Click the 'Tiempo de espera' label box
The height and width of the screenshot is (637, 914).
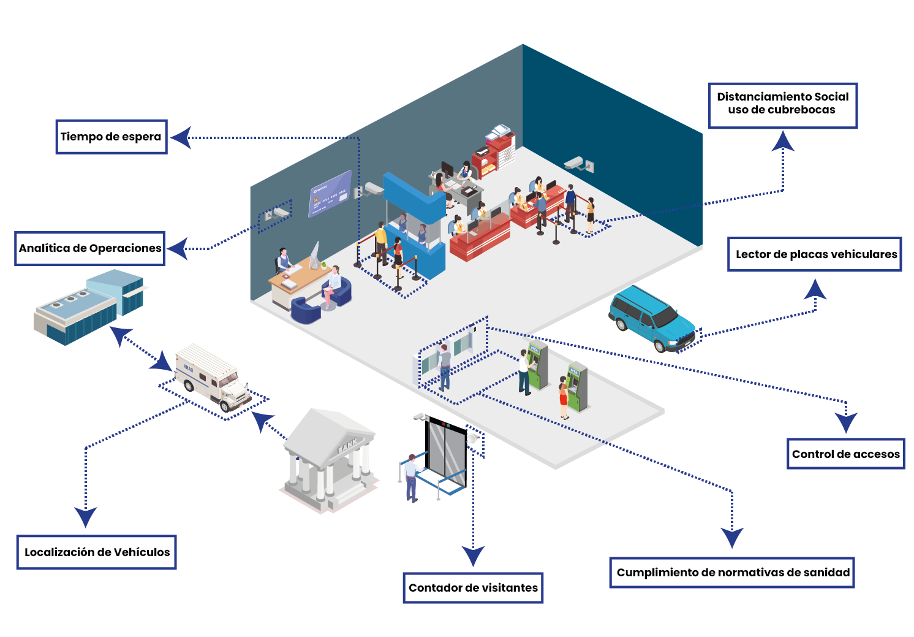click(111, 137)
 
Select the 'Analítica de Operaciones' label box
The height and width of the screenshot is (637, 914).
click(90, 249)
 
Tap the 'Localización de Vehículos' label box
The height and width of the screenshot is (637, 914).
click(97, 552)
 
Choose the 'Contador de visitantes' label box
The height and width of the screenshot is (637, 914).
click(473, 588)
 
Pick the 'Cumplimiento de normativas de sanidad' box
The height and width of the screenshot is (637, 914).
click(733, 573)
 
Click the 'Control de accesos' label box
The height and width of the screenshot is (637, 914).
click(846, 454)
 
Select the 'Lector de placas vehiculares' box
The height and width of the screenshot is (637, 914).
click(815, 254)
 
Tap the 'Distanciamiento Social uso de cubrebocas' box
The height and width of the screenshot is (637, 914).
click(783, 106)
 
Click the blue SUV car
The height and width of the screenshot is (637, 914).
click(652, 319)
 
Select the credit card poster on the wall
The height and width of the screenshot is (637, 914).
click(330, 194)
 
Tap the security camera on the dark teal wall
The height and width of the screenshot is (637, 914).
click(580, 164)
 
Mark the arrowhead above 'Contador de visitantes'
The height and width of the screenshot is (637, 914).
click(473, 555)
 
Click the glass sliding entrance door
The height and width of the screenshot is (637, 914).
click(445, 452)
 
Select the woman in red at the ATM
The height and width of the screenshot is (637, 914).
click(564, 398)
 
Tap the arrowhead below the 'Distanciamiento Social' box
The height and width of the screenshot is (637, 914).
click(783, 141)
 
